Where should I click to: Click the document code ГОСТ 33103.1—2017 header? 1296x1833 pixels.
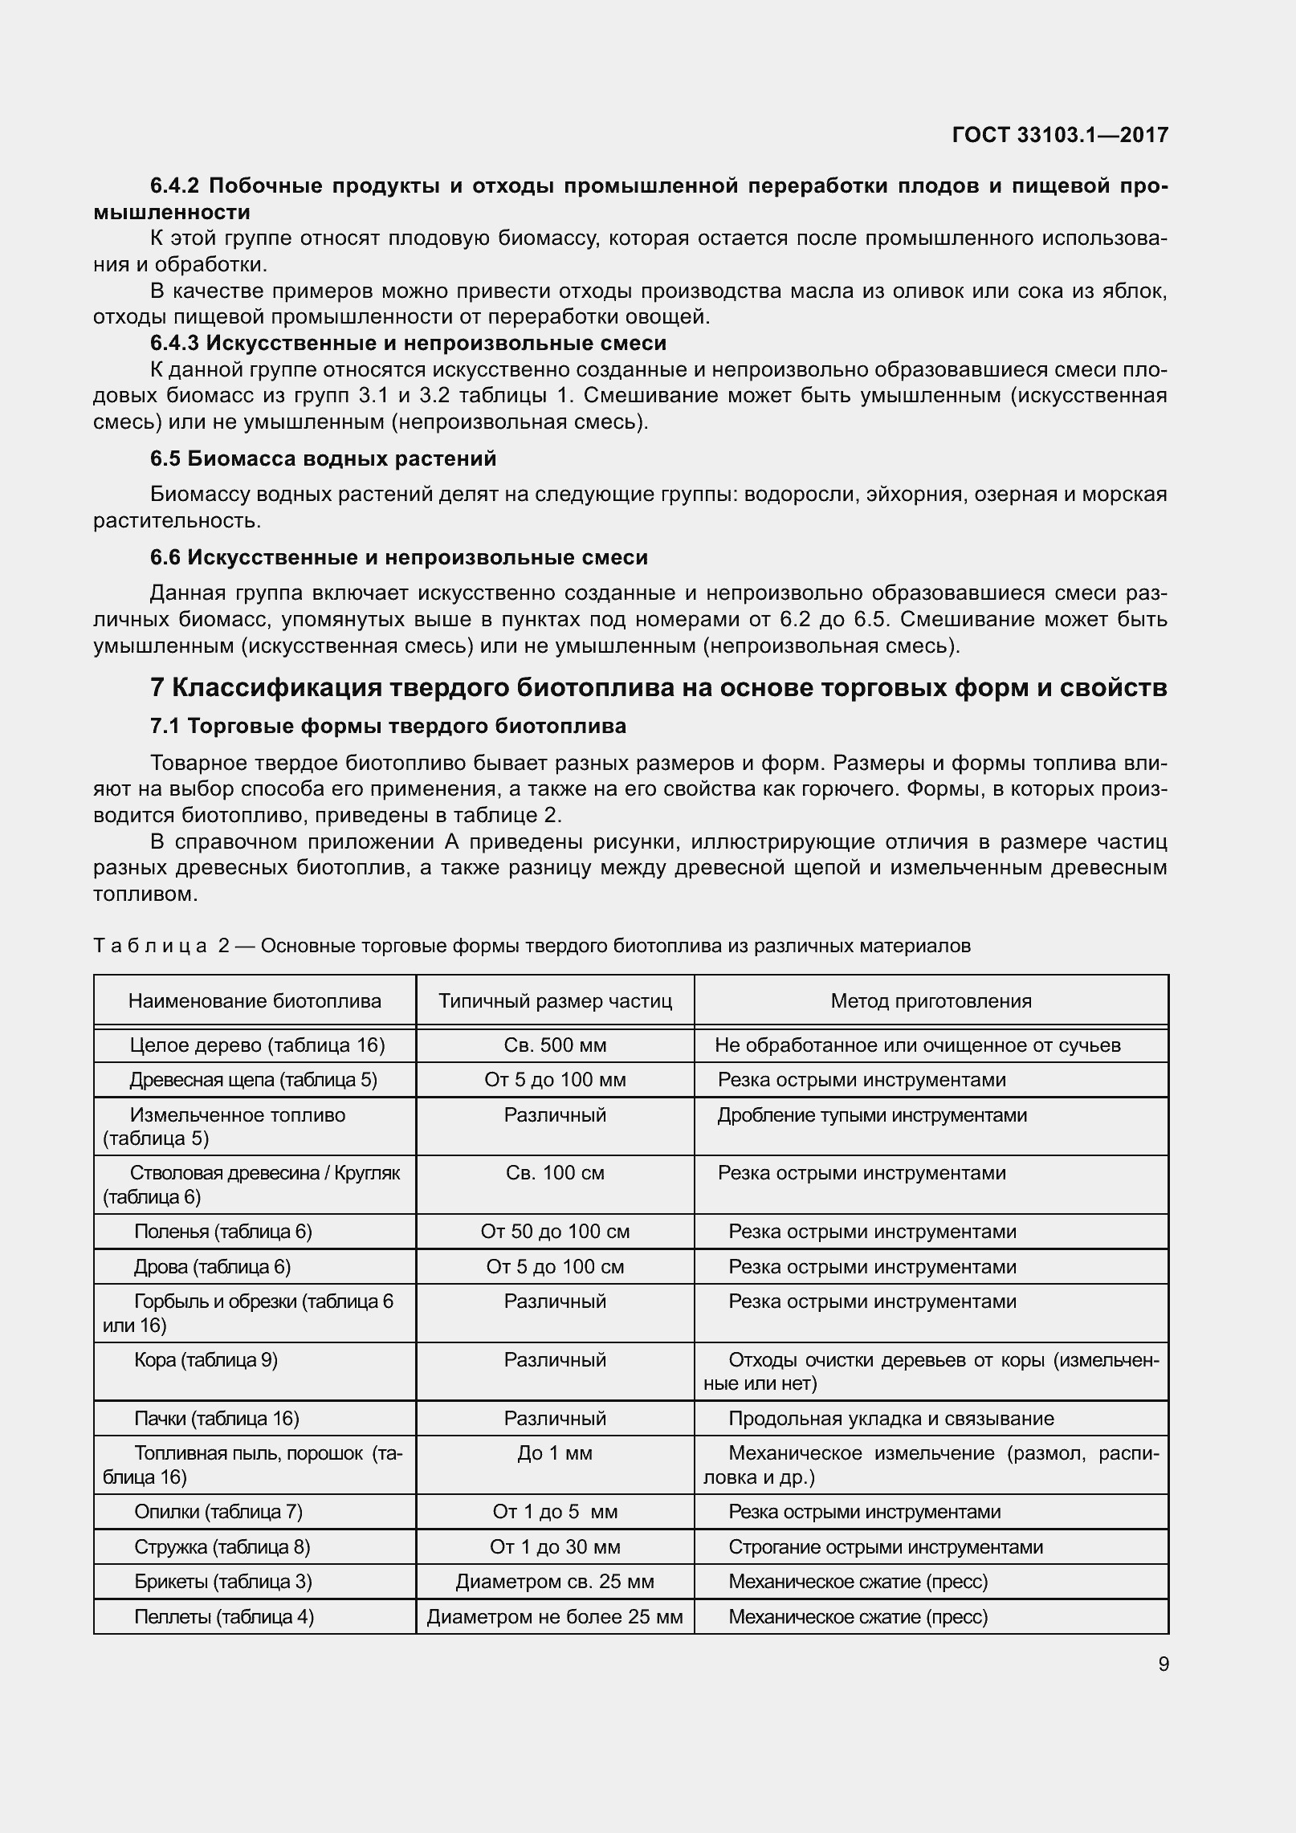point(1059,135)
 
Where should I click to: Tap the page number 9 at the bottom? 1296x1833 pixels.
point(1163,1664)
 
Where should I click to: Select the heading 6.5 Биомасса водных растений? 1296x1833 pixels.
point(323,458)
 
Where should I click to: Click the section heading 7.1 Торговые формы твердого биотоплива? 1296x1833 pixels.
point(388,726)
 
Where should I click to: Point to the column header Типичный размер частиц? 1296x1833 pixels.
point(555,1000)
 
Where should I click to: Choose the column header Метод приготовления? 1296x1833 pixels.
point(931,1000)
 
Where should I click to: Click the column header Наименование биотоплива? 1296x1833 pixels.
point(255,1000)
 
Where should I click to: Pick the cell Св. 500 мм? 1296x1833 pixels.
point(555,1045)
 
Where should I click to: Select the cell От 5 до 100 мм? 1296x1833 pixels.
point(555,1080)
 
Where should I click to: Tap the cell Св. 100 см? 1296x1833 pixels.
point(555,1173)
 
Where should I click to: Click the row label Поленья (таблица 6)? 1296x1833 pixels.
point(223,1232)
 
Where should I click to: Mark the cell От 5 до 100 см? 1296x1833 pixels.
point(555,1267)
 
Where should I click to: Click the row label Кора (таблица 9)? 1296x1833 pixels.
point(206,1360)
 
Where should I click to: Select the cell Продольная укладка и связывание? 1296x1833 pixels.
point(890,1419)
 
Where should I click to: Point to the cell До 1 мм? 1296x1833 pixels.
point(555,1453)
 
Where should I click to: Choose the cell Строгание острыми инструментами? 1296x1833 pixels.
point(885,1547)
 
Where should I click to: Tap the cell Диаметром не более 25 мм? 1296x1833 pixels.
point(555,1617)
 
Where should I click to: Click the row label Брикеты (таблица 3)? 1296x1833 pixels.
point(223,1582)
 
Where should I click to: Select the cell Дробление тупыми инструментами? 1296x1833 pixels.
point(872,1115)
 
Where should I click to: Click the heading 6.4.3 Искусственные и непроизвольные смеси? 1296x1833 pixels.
point(408,343)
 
